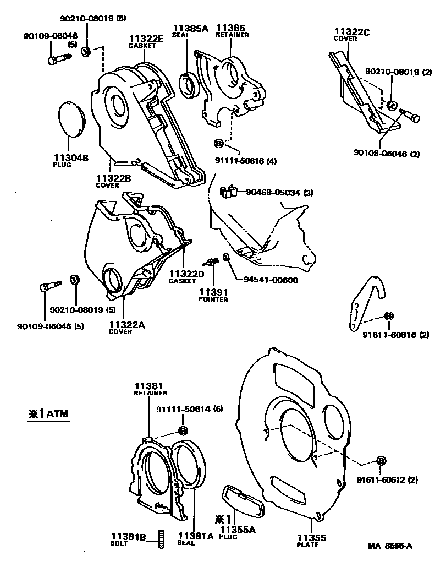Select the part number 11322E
pos(146,39)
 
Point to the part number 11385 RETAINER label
pos(231,28)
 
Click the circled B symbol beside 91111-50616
pos(218,143)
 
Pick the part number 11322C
pos(351,31)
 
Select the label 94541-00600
pos(271,280)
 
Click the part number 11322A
pos(127,325)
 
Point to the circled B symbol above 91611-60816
pos(388,315)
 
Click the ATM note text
pos(50,414)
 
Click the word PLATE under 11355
pos(308,545)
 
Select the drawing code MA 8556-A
pos(390,546)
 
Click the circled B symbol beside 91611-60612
pos(381,461)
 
